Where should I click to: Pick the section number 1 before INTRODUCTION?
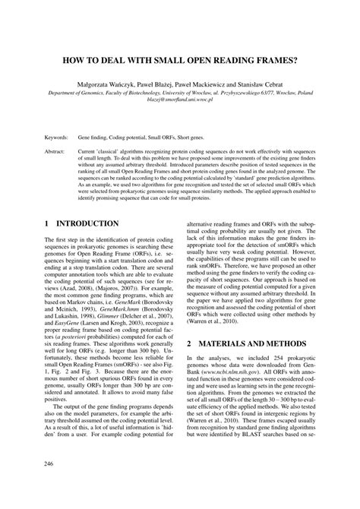(46, 224)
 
